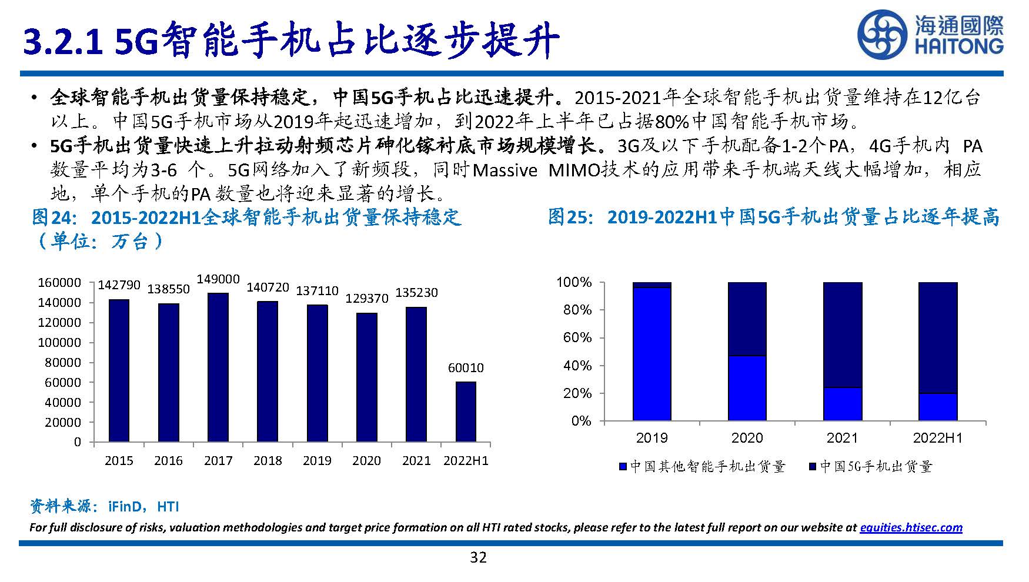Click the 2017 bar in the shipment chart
point(218,367)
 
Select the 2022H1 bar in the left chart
point(466,412)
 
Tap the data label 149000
point(218,279)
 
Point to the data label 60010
point(466,368)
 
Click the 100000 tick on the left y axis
point(59,343)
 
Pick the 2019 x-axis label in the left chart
point(317,461)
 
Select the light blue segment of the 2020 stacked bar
point(747,388)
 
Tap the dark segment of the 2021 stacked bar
point(842,335)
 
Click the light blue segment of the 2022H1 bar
point(937,407)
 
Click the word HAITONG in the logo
point(959,46)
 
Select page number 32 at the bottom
point(478,557)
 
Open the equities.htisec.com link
point(911,527)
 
